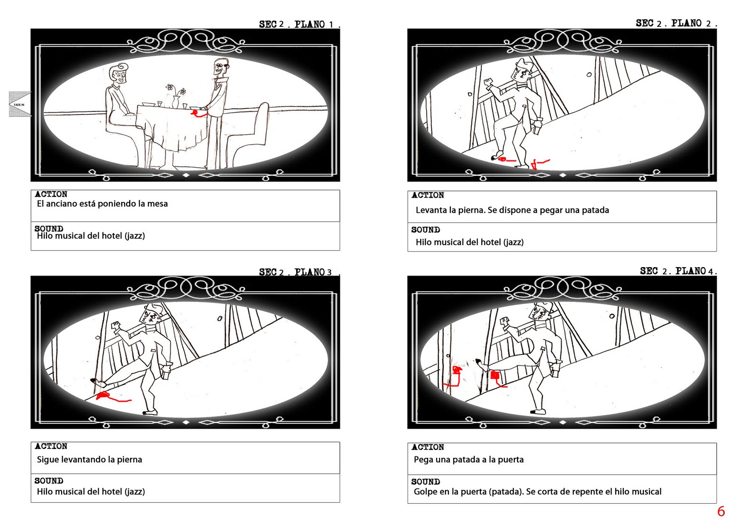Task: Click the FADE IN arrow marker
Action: point(20,104)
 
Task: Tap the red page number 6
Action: point(721,512)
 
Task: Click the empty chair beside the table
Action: point(250,134)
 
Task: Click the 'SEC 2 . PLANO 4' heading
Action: point(677,271)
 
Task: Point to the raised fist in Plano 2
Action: point(488,83)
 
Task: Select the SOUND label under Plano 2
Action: point(425,230)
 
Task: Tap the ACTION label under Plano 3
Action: point(51,446)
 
